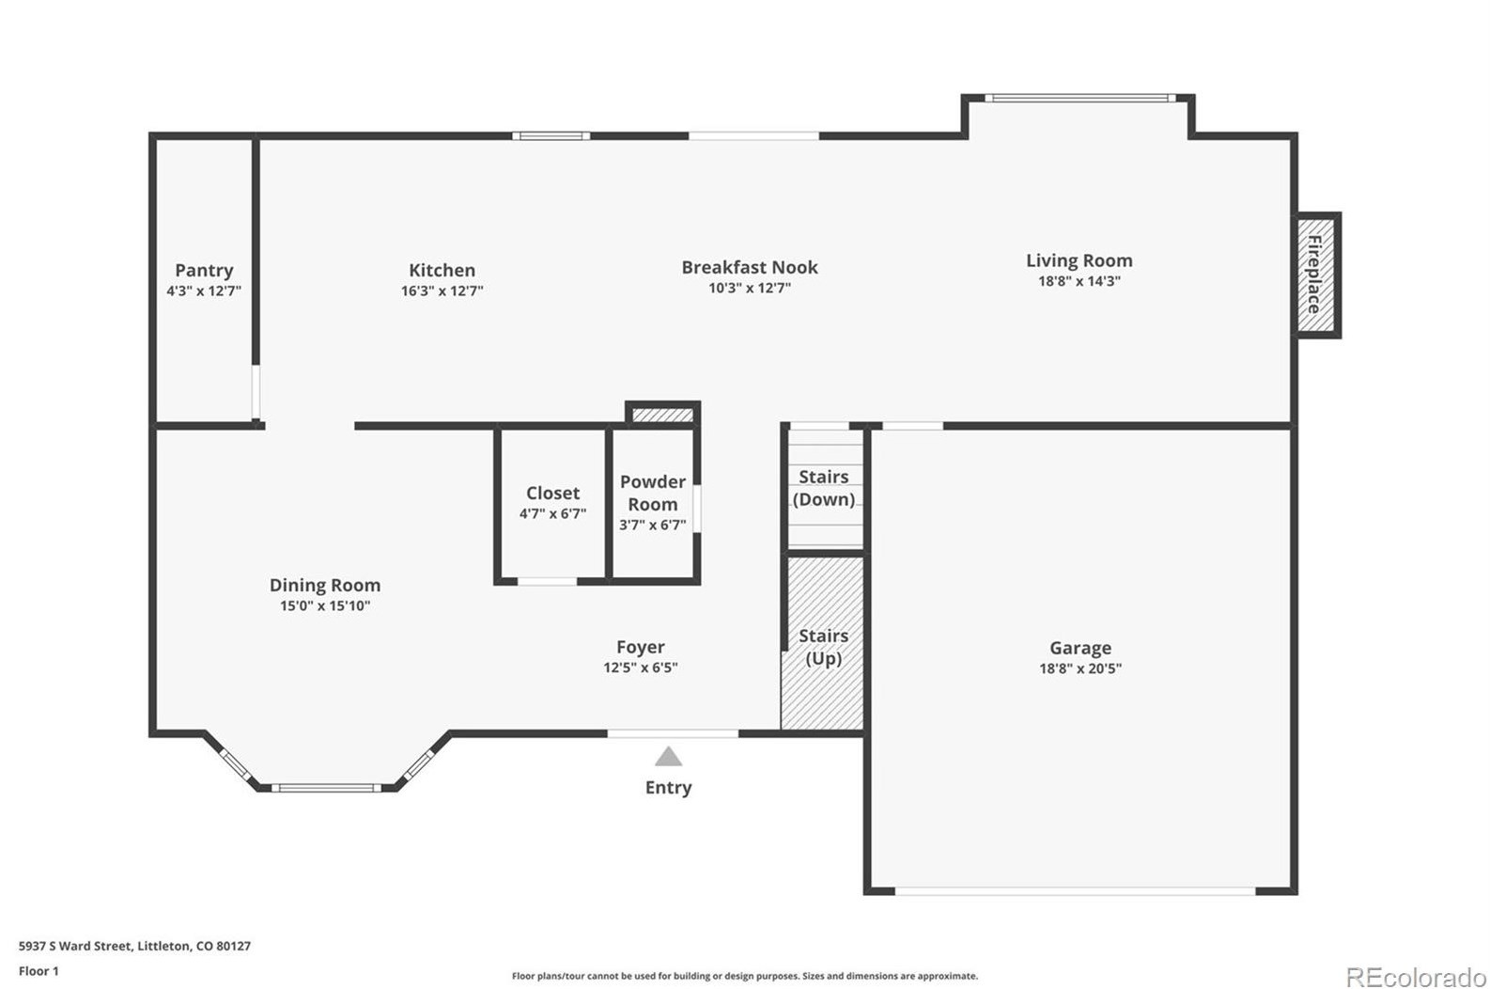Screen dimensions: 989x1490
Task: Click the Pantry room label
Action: pos(204,271)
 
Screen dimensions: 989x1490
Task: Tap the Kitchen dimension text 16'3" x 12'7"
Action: pos(442,291)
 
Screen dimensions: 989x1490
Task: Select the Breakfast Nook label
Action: pos(749,268)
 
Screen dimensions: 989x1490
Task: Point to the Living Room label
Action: pos(1079,260)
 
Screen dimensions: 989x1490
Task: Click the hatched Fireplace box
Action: pos(1317,275)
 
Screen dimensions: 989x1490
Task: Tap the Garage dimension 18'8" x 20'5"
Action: pos(1079,669)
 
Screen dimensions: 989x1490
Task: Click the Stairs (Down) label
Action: pos(824,488)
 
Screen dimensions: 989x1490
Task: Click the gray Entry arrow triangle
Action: pos(668,757)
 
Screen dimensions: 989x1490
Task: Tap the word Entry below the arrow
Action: pos(668,788)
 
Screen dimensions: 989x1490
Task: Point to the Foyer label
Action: pos(640,647)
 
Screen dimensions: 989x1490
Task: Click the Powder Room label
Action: pos(652,493)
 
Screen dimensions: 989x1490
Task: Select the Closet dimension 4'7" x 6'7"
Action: pos(552,514)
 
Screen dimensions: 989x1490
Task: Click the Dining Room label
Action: pos(324,585)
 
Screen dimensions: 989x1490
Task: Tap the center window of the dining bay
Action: pos(326,788)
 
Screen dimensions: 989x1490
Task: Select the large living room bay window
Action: pos(1079,98)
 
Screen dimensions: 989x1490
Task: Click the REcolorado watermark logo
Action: pos(1415,977)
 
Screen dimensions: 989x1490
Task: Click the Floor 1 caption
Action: pos(39,971)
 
